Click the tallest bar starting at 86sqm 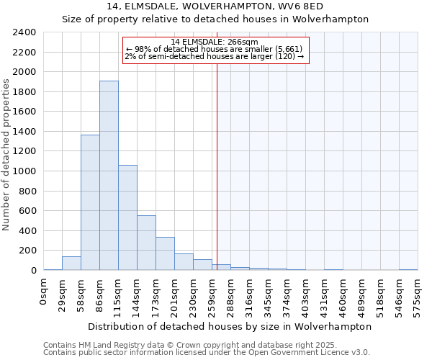click(x=109, y=175)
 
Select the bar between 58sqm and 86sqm click(x=90, y=202)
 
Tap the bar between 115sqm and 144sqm click(x=127, y=217)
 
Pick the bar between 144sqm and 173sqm click(x=146, y=243)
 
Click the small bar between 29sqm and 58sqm click(x=71, y=264)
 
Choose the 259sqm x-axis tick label click(x=212, y=292)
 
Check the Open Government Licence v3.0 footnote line click(x=207, y=353)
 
